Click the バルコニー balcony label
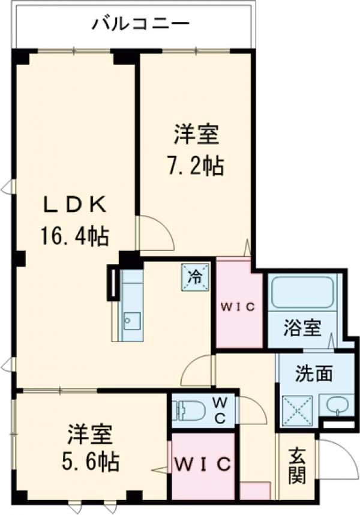coord(140,25)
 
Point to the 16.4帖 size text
coord(74,236)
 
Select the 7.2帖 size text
coord(195,166)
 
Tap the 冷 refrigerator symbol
coord(196,277)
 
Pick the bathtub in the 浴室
coord(302,292)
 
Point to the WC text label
coord(220,410)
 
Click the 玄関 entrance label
coord(295,466)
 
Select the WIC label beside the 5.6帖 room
coord(203,464)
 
